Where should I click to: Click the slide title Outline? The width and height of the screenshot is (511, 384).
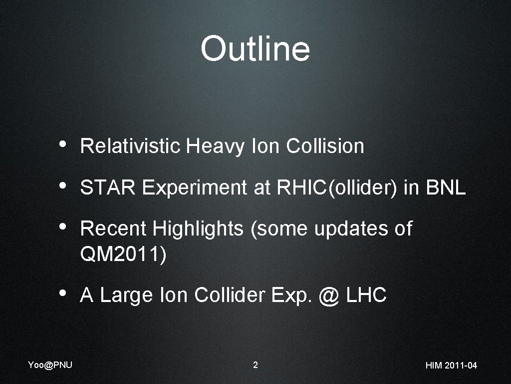click(x=255, y=49)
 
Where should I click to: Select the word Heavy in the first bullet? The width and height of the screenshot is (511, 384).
click(x=215, y=146)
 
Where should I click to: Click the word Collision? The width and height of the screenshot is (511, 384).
click(x=325, y=146)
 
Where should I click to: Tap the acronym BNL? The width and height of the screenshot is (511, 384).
click(x=445, y=187)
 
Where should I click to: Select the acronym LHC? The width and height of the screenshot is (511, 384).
click(x=366, y=295)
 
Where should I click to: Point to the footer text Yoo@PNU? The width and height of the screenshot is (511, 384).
click(x=50, y=364)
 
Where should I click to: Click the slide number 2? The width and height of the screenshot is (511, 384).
click(x=255, y=365)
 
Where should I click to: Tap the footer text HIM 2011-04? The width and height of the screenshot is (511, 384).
click(x=451, y=365)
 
